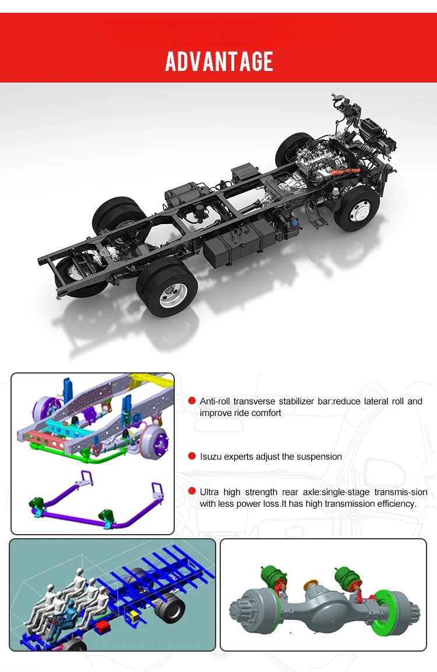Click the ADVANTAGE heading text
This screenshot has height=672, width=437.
[x=219, y=61]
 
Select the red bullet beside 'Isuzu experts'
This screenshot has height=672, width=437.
[x=192, y=457]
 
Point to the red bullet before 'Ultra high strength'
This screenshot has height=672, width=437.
[x=192, y=492]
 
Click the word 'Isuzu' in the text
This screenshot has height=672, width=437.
[x=211, y=457]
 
